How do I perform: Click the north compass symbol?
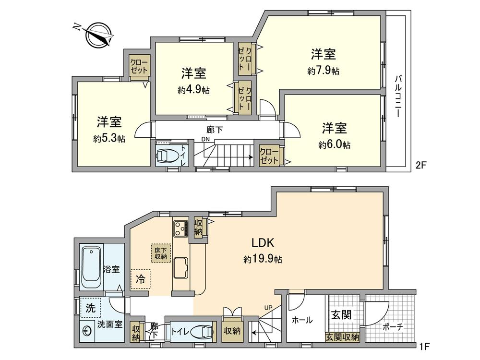pos(97,34)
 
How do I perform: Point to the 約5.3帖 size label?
pos(109,139)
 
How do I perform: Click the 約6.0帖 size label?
pos(334,144)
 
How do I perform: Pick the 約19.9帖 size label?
pos(263,259)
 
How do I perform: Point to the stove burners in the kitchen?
pos(180,228)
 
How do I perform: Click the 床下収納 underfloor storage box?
pos(160,253)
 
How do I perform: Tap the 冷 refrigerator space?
pos(140,278)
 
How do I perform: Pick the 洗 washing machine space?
pos(90,307)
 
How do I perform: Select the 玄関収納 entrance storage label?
pos(342,337)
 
